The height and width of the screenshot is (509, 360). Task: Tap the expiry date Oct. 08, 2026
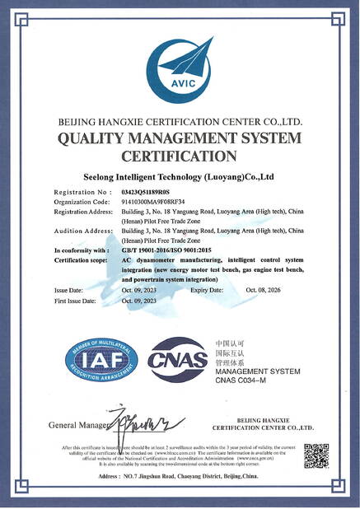pyautogui.click(x=264, y=291)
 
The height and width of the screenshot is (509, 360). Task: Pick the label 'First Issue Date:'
pyautogui.click(x=75, y=301)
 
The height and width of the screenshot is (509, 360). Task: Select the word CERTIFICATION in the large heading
pyautogui.click(x=179, y=156)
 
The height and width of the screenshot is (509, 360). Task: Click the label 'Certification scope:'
pyautogui.click(x=82, y=259)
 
